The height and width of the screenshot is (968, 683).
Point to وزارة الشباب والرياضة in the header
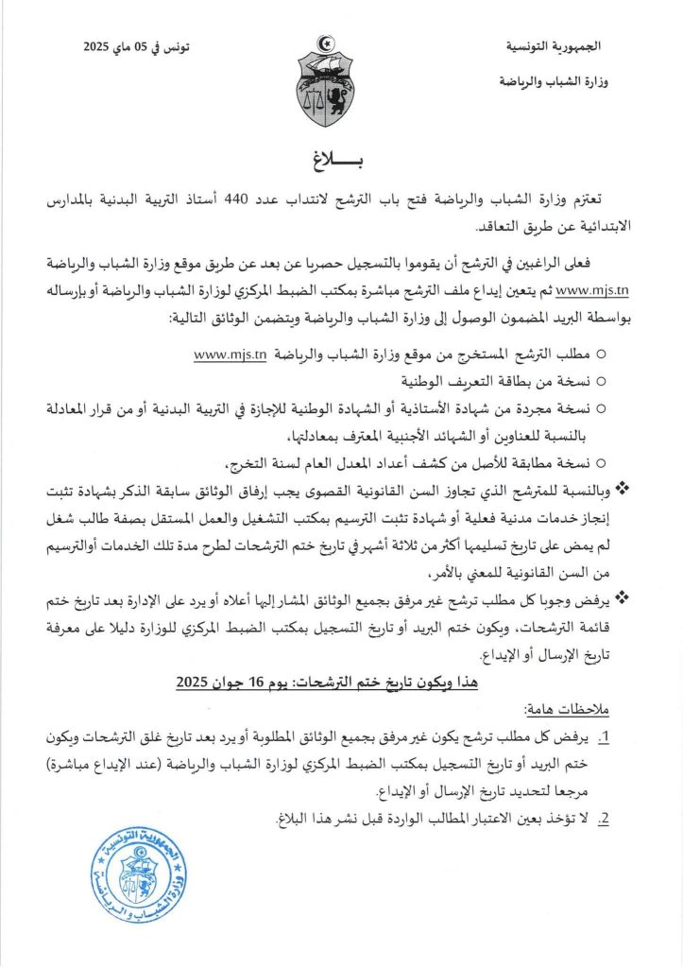coord(554,82)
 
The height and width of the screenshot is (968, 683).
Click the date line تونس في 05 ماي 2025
coord(138,45)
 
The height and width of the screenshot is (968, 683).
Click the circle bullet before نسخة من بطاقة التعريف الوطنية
coord(603,382)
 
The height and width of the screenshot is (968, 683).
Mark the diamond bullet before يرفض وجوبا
coord(622,596)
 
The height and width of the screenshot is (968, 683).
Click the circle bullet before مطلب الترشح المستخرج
coord(603,355)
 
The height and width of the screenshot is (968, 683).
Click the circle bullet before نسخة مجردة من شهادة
coord(603,408)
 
